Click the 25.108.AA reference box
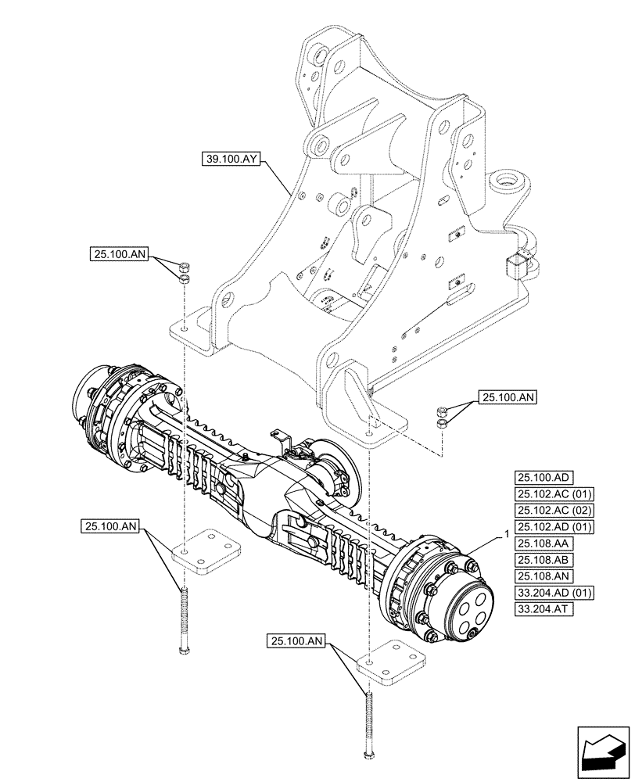(x=544, y=543)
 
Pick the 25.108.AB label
(x=544, y=561)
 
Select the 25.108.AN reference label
(x=544, y=577)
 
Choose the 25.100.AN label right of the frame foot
(x=508, y=398)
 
